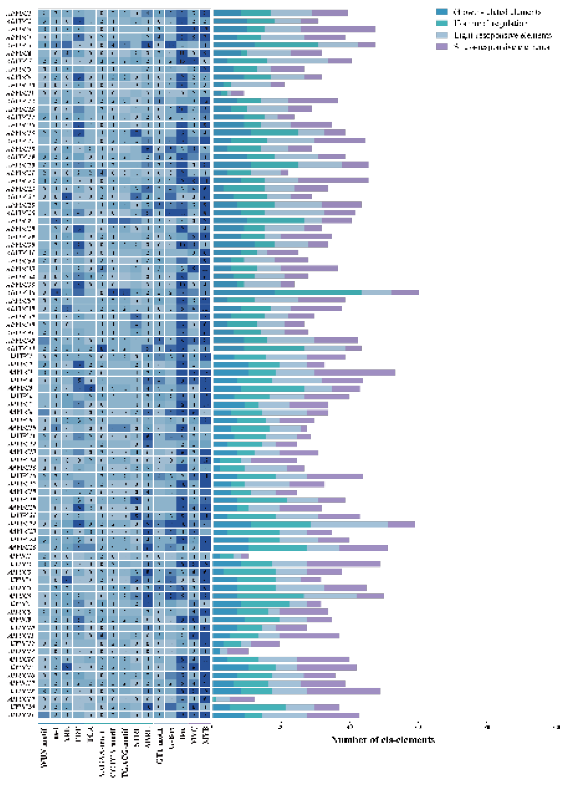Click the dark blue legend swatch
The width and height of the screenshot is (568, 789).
[x=442, y=11]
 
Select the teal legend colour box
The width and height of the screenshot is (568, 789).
[x=442, y=23]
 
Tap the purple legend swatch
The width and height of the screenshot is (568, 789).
[x=442, y=47]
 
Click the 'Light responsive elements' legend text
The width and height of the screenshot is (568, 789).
[x=502, y=35]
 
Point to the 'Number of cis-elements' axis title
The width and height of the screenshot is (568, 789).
[x=383, y=740]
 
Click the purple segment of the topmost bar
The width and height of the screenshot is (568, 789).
[x=329, y=13]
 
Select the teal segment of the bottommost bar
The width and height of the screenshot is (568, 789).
[x=253, y=715]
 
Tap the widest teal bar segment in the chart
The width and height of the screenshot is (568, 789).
[x=318, y=292]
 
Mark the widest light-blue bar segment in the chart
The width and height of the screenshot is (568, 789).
[x=349, y=524]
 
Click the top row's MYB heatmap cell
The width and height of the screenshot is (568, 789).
[x=205, y=13]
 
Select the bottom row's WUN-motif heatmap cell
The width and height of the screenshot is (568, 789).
[x=44, y=715]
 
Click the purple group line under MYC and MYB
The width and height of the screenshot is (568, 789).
[x=199, y=723]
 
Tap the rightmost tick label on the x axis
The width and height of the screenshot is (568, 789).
[x=556, y=727]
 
